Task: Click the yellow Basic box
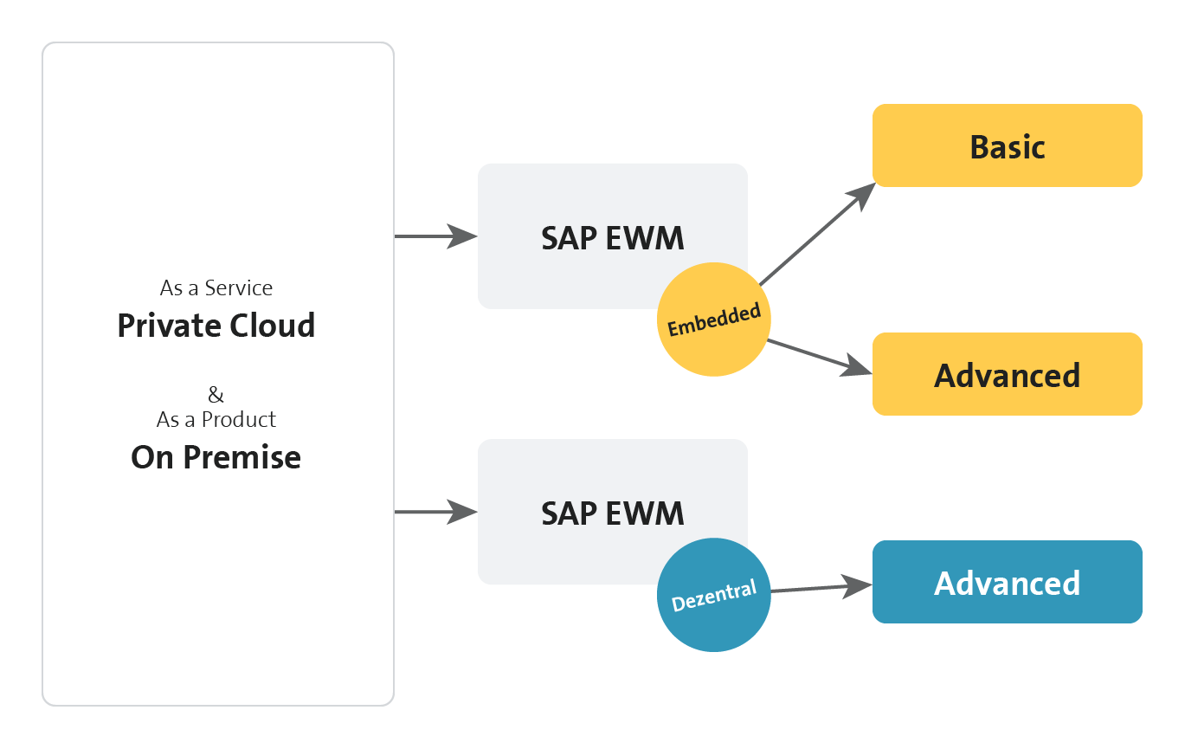(1008, 145)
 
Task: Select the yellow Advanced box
(1008, 374)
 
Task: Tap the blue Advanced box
(1008, 582)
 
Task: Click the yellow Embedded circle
(713, 320)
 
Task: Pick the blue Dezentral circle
(713, 595)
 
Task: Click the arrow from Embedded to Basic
(818, 234)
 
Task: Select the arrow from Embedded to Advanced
(820, 357)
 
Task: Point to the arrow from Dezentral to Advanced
(821, 588)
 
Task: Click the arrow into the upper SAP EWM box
(436, 236)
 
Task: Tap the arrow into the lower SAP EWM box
(436, 512)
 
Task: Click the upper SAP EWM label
(613, 237)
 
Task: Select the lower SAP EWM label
(613, 513)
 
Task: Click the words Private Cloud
(216, 325)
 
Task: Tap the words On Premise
(216, 457)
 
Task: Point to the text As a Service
(216, 288)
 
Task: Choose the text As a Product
(216, 419)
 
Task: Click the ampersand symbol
(216, 394)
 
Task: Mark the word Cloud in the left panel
(273, 325)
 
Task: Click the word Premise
(242, 457)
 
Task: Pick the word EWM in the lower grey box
(645, 513)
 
